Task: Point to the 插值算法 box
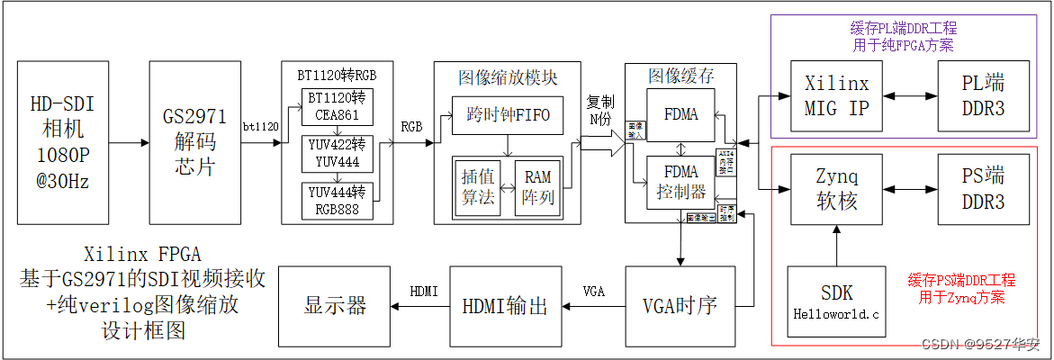click(478, 187)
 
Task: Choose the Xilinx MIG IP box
click(836, 96)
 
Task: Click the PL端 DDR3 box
click(983, 96)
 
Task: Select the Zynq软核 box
click(836, 189)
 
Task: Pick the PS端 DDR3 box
click(983, 189)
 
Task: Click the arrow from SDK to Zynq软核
click(836, 245)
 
